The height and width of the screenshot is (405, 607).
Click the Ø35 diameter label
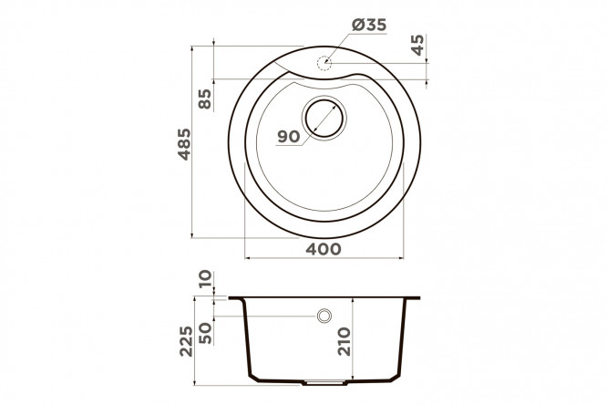369,25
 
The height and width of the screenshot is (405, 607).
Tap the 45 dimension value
417,45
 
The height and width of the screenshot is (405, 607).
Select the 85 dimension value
204,99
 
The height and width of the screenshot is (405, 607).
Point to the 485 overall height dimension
184,144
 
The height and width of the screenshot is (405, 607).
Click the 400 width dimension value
324,249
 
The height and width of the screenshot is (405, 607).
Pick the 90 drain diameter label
289,137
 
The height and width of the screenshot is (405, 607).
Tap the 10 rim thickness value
205,278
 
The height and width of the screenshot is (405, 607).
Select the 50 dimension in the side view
205,333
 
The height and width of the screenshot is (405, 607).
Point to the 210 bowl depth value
344,341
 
